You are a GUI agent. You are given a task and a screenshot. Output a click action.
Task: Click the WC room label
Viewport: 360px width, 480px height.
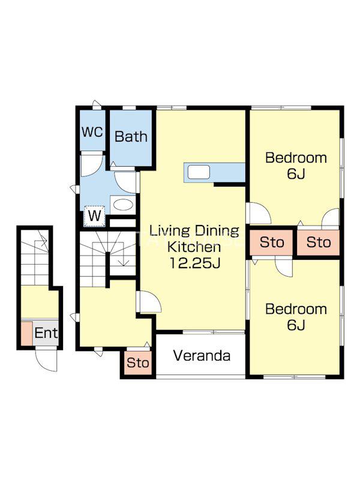(92, 132)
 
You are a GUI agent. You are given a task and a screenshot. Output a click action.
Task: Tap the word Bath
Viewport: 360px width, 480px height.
(131, 137)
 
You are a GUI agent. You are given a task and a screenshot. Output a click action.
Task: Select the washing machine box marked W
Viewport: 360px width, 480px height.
(95, 216)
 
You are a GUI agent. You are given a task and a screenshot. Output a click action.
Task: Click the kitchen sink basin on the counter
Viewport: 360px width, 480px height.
(199, 172)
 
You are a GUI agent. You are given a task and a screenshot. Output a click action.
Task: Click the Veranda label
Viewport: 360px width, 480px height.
(202, 356)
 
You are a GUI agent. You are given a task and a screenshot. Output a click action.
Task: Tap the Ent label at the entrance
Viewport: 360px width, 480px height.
(46, 333)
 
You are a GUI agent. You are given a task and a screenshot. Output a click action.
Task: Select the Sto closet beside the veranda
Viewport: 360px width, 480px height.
(138, 363)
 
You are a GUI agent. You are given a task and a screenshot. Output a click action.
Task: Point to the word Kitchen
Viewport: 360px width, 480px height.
(194, 247)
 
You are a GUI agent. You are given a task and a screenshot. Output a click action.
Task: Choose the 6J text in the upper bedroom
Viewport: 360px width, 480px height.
(296, 174)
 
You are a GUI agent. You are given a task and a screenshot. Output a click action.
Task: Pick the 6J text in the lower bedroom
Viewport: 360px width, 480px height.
(296, 325)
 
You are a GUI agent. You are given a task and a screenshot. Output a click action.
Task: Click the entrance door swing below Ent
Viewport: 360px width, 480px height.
(46, 360)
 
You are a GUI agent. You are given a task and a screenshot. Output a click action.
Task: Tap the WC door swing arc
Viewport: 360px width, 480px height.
(92, 166)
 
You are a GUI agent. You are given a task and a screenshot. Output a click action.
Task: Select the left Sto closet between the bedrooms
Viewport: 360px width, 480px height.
(271, 242)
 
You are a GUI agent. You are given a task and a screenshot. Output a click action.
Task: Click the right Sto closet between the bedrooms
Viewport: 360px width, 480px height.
(319, 242)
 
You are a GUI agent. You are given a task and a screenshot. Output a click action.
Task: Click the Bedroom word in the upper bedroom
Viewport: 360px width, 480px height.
(296, 158)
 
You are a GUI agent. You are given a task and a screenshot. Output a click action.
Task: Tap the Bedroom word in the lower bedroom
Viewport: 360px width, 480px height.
(296, 309)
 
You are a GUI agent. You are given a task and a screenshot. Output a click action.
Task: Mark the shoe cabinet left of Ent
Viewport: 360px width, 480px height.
(27, 334)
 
